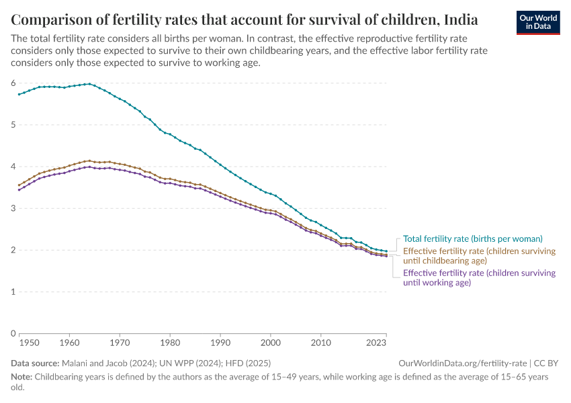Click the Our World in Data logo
537,22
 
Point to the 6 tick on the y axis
13,83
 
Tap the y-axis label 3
13,208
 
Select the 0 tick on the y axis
13,334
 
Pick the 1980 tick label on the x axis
170,343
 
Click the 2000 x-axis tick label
271,343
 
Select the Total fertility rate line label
472,238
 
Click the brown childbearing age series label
479,256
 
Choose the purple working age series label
479,277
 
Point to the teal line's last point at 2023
386,251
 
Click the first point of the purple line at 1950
19,189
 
